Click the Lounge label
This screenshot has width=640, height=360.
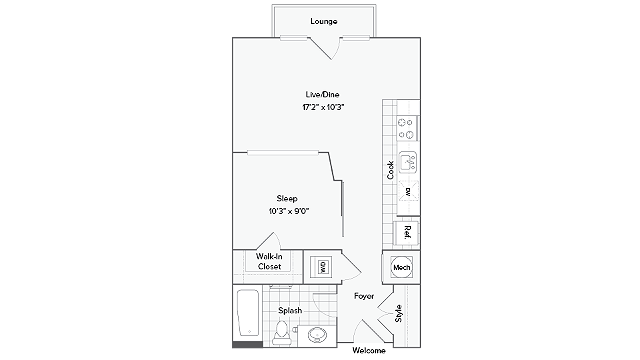pos(322,21)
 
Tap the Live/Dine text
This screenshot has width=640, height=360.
pos(322,95)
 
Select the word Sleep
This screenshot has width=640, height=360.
pos(287,199)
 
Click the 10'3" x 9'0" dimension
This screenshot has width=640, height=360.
pos(287,211)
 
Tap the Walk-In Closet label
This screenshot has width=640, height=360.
pos(268,262)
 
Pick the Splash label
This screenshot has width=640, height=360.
pos(290,310)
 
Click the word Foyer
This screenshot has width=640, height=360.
pos(363,296)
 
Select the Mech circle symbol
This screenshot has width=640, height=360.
pos(401,268)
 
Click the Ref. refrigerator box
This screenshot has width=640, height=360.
pos(407,232)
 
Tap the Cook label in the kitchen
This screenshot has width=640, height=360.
pos(390,170)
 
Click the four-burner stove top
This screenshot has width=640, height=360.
pos(406,129)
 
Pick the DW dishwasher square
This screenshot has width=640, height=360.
pos(407,190)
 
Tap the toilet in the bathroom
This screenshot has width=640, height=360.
pos(284,329)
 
